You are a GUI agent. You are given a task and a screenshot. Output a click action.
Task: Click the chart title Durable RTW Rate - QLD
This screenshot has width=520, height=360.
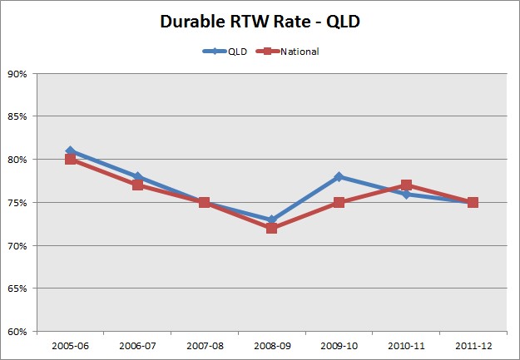coord(260,22)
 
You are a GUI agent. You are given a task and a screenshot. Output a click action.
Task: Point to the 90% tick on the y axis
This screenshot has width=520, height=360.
coord(17,74)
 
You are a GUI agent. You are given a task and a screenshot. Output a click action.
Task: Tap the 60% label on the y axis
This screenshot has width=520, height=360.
coord(17,332)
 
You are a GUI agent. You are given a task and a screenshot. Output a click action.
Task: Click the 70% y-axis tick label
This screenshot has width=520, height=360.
coord(17,246)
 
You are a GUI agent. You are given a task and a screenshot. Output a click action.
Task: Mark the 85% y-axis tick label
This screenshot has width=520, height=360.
coord(17,117)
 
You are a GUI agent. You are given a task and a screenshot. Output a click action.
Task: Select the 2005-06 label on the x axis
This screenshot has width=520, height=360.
coord(71,344)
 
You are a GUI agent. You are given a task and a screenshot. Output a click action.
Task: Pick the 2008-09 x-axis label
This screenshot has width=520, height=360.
coord(271,344)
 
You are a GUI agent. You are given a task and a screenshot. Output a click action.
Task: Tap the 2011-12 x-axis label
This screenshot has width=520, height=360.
coord(473,344)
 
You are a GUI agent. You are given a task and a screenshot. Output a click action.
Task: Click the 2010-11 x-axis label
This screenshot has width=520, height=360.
coord(405,344)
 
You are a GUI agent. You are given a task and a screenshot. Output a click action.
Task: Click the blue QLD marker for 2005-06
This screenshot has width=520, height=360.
coord(71,150)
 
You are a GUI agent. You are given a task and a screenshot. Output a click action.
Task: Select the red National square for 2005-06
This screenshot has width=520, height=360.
coord(71,160)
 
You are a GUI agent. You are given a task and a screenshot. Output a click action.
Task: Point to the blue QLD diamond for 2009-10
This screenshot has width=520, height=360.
coord(339,176)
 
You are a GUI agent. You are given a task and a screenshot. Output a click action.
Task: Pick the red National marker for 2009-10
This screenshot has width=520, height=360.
coord(339,203)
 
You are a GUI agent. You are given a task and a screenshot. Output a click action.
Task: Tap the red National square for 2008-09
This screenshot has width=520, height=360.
coord(271,228)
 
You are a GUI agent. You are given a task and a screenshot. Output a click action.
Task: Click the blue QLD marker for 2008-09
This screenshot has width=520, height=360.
coord(271,219)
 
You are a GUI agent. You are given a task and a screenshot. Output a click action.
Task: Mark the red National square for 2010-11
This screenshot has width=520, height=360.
coord(405,185)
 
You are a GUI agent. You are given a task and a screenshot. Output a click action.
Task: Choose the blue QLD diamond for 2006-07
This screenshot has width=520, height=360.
coord(138,176)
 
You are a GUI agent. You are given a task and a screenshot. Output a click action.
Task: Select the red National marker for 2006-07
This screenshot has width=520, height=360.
coord(138,185)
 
